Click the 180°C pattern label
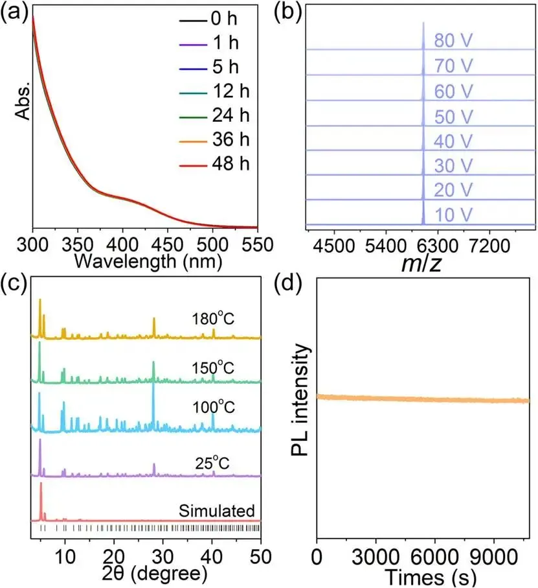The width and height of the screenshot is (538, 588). [x=213, y=320]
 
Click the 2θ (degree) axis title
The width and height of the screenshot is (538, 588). [x=146, y=574]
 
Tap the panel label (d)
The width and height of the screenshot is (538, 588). [x=287, y=285]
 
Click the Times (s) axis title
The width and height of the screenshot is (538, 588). [x=422, y=574]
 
